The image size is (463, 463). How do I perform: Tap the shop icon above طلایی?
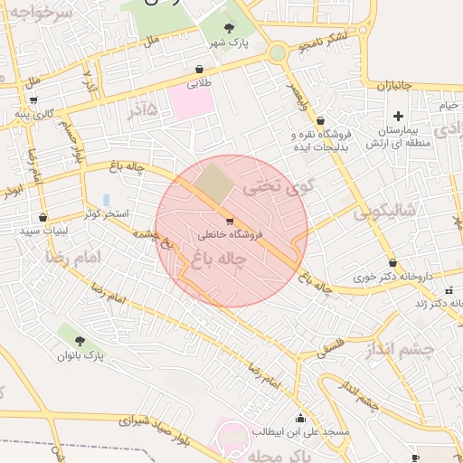[199, 69]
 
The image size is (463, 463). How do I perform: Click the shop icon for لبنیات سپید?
[43, 217]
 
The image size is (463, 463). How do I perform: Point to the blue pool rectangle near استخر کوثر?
[106, 199]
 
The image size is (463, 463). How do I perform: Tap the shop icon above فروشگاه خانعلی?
[230, 221]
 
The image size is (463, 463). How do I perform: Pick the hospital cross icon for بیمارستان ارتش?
[398, 116]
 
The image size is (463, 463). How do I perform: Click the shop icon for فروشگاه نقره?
[320, 120]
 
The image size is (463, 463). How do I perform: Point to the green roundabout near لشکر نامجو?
[278, 53]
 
